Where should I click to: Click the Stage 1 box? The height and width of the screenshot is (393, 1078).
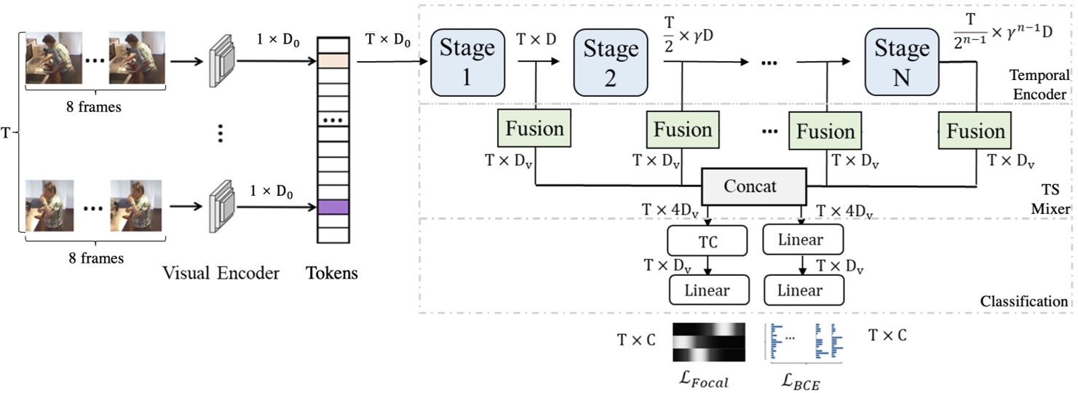coord(467,62)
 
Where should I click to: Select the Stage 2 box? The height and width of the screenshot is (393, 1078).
coord(611,62)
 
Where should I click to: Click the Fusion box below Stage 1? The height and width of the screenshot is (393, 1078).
coord(535,130)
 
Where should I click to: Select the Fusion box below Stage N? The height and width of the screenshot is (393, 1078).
coord(975,131)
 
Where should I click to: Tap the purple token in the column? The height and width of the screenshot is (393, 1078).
coord(333,207)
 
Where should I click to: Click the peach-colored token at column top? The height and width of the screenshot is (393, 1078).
coord(333,60)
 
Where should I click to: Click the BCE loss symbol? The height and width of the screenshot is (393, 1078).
coord(799,380)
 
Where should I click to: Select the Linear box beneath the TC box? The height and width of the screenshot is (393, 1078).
coord(708,290)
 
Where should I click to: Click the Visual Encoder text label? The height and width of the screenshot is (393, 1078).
coord(221,274)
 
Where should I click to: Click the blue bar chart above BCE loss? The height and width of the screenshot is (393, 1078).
coord(804,341)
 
